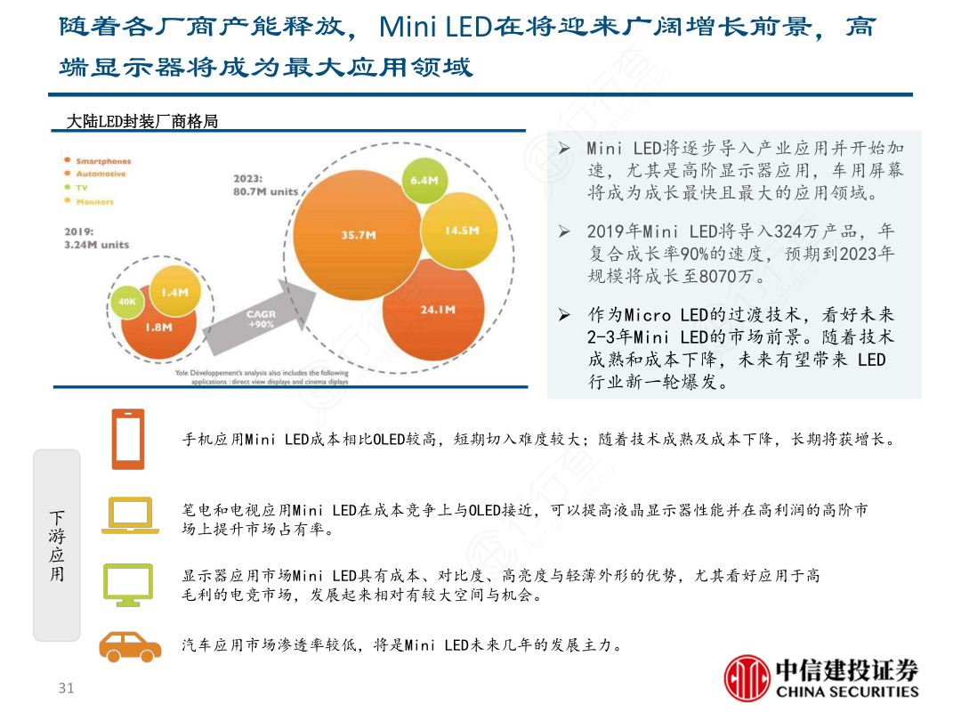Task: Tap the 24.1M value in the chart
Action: tap(437, 310)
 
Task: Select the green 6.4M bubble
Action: tap(424, 181)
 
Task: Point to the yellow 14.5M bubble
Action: tap(462, 231)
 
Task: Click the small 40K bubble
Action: tap(126, 302)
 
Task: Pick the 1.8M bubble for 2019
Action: tap(158, 327)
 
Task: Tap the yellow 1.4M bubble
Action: tap(174, 291)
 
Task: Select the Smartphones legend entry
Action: tap(103, 161)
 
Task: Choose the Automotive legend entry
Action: tap(101, 174)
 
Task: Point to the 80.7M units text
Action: tap(266, 191)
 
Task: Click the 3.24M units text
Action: tap(96, 245)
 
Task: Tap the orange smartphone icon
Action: tap(128, 439)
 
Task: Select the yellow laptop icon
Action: tap(130, 516)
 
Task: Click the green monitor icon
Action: tap(128, 585)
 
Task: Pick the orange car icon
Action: tap(130, 646)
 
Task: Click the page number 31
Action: tap(66, 688)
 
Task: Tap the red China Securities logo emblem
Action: tap(747, 679)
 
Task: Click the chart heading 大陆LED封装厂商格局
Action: tap(142, 122)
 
